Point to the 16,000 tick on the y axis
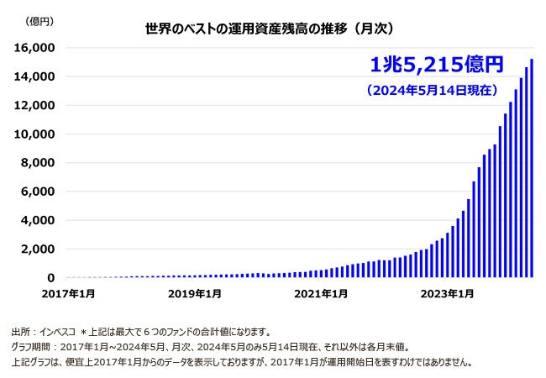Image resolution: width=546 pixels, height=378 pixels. pyautogui.click(x=38, y=48)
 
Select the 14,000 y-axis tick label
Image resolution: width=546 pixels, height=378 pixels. pyautogui.click(x=38, y=76)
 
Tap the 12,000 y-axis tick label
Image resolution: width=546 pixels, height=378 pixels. pyautogui.click(x=38, y=105)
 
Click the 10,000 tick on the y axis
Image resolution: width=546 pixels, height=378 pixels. pyautogui.click(x=38, y=134)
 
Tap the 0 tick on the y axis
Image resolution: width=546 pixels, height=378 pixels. pyautogui.click(x=51, y=277)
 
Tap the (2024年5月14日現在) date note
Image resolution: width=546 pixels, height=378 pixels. pyautogui.click(x=437, y=89)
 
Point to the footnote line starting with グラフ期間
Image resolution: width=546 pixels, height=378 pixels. pyautogui.click(x=210, y=347)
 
